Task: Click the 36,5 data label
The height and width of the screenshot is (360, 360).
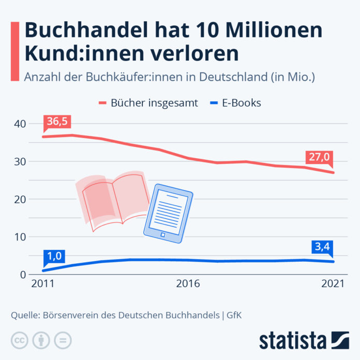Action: click(x=57, y=122)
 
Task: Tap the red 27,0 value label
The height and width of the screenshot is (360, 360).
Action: click(x=319, y=157)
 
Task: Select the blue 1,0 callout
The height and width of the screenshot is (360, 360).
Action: click(x=54, y=257)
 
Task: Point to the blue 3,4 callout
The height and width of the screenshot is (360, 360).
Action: click(x=322, y=247)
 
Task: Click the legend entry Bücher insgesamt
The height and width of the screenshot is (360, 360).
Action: click(x=148, y=103)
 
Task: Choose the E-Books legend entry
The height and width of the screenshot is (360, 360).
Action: click(x=235, y=103)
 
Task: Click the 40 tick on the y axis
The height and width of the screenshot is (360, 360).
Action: click(x=20, y=124)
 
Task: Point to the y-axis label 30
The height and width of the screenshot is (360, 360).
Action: click(x=20, y=162)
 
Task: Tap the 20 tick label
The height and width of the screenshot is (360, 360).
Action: click(x=20, y=200)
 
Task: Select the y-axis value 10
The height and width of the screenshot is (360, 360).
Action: click(x=20, y=237)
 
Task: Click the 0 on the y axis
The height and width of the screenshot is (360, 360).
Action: click(x=23, y=275)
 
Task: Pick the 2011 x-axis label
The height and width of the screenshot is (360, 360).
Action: click(x=43, y=284)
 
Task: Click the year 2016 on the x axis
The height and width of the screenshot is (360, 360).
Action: click(x=188, y=284)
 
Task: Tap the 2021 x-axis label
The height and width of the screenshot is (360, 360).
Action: click(x=333, y=284)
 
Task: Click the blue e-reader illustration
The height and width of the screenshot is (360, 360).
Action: click(x=168, y=214)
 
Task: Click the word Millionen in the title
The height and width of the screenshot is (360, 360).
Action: click(x=274, y=30)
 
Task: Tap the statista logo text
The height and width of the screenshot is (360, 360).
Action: click(x=293, y=341)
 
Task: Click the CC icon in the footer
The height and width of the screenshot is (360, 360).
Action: click(x=20, y=340)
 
